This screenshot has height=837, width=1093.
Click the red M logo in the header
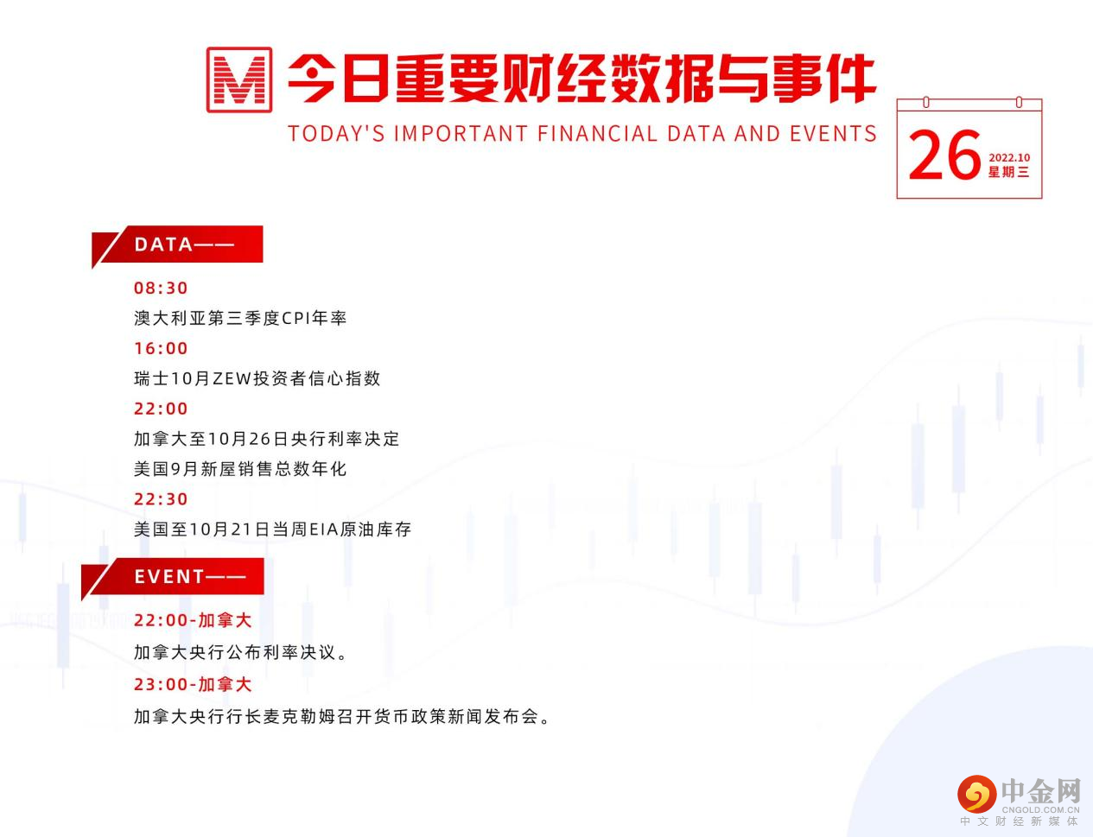pyautogui.click(x=239, y=79)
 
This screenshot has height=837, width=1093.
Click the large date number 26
pyautogui.click(x=945, y=156)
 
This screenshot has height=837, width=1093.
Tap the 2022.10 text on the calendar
pyautogui.click(x=1009, y=157)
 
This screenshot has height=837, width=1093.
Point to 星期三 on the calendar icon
pyautogui.click(x=1009, y=172)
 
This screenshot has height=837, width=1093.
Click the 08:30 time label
pyautogui.click(x=161, y=288)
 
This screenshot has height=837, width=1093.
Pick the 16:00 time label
pyautogui.click(x=161, y=348)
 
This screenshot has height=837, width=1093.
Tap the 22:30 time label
pyautogui.click(x=161, y=498)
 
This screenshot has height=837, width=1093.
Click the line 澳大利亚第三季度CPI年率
pyautogui.click(x=240, y=318)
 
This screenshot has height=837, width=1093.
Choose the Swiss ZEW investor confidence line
pyautogui.click(x=257, y=378)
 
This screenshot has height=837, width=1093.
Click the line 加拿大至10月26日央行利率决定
pyautogui.click(x=267, y=439)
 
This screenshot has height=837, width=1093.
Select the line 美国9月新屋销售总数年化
pyautogui.click(x=240, y=469)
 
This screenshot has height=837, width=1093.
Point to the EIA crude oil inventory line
pyautogui.click(x=273, y=529)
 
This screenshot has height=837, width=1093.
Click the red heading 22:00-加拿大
pyautogui.click(x=193, y=620)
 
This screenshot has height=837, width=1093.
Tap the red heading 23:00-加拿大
pyautogui.click(x=193, y=684)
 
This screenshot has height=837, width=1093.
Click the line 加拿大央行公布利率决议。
pyautogui.click(x=242, y=652)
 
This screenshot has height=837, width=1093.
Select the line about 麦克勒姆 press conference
pyautogui.click(x=342, y=716)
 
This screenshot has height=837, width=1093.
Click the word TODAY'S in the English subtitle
pyautogui.click(x=336, y=134)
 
